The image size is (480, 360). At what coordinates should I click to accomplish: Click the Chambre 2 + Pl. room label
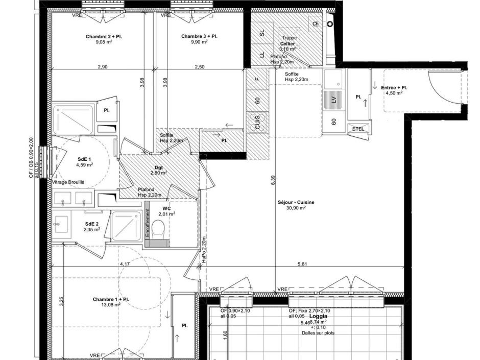point(104,36)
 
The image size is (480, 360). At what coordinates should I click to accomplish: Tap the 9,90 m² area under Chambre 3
point(199,42)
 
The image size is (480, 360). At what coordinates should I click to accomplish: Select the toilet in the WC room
point(159,229)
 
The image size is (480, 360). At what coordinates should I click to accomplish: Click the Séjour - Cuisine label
point(296,202)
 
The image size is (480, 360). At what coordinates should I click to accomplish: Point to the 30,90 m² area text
point(296,208)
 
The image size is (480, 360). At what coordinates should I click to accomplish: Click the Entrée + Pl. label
point(394,87)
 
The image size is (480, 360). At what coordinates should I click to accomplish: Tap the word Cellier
point(287,44)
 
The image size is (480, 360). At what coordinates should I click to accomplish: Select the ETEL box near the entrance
point(358,129)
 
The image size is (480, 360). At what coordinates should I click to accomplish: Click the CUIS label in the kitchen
point(257,123)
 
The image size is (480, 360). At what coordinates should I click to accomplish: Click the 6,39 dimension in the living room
point(273,180)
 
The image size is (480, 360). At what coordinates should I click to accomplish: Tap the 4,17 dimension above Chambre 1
point(125,264)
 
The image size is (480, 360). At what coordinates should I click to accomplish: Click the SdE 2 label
point(91,224)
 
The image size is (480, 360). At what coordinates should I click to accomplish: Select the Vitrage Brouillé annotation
point(68,182)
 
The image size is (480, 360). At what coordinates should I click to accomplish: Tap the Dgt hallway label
point(159,167)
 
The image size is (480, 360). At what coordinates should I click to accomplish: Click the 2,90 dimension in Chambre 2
point(103,67)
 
